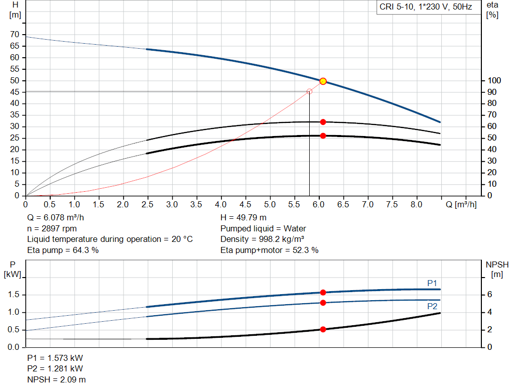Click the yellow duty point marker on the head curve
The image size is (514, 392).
pos(323,81)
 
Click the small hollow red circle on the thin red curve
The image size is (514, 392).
pos(309,91)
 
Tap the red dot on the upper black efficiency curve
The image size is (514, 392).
pos(323,122)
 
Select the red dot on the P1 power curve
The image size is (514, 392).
pos(323,293)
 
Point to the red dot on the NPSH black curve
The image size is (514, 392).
pos(323,329)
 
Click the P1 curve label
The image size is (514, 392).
pos(432,283)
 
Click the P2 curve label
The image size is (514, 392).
pos(432,306)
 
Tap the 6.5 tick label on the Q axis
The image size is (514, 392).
pos(343,205)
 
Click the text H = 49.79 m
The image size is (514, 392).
pos(243,218)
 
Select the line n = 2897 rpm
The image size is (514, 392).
pos(52,228)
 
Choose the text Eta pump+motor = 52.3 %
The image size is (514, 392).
pos(269,250)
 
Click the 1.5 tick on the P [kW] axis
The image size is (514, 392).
pos(13,295)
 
